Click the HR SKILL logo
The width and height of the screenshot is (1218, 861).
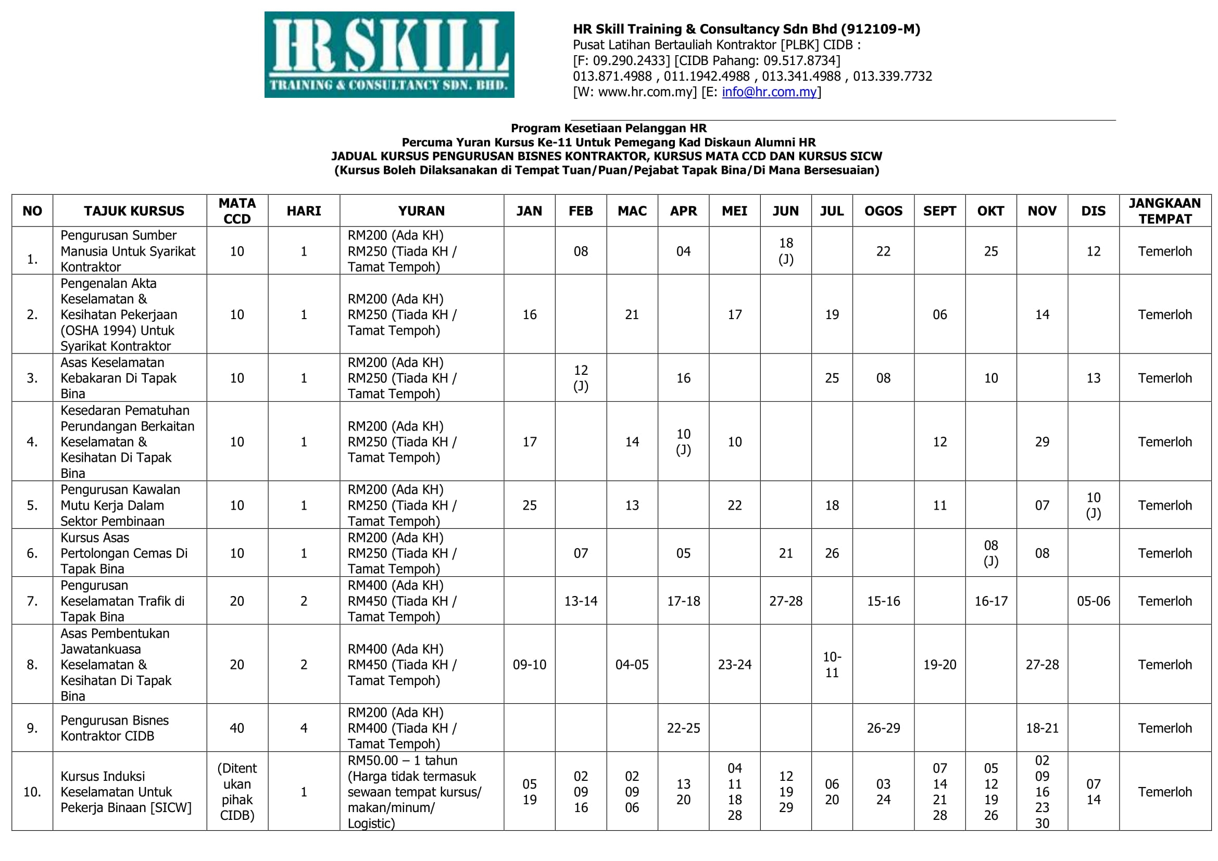(x=389, y=55)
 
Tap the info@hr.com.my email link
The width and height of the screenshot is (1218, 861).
(x=769, y=92)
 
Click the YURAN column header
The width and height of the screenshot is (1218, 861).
(x=421, y=210)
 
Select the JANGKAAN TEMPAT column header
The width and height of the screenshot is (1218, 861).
(x=1164, y=210)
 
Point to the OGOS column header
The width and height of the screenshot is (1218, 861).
(x=883, y=210)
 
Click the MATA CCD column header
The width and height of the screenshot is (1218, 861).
(x=236, y=210)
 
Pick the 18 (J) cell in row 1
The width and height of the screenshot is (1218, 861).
(x=785, y=251)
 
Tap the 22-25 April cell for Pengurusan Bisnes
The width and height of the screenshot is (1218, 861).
(x=683, y=728)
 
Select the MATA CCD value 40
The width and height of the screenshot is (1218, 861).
(x=236, y=728)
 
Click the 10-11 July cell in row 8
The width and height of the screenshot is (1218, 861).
(x=831, y=664)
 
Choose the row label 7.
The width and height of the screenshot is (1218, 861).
(x=32, y=601)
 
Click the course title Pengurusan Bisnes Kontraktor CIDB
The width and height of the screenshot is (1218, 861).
(x=114, y=728)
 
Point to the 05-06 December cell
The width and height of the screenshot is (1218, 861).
(x=1093, y=601)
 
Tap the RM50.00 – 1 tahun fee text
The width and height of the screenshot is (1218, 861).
(x=402, y=760)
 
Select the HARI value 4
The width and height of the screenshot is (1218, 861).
(x=304, y=728)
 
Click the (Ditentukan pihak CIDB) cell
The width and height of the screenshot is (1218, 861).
(x=236, y=792)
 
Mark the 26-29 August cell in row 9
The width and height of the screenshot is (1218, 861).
(x=883, y=728)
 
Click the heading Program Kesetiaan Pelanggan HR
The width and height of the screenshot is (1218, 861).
(x=608, y=128)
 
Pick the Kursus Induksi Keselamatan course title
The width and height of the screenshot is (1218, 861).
(x=125, y=792)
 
